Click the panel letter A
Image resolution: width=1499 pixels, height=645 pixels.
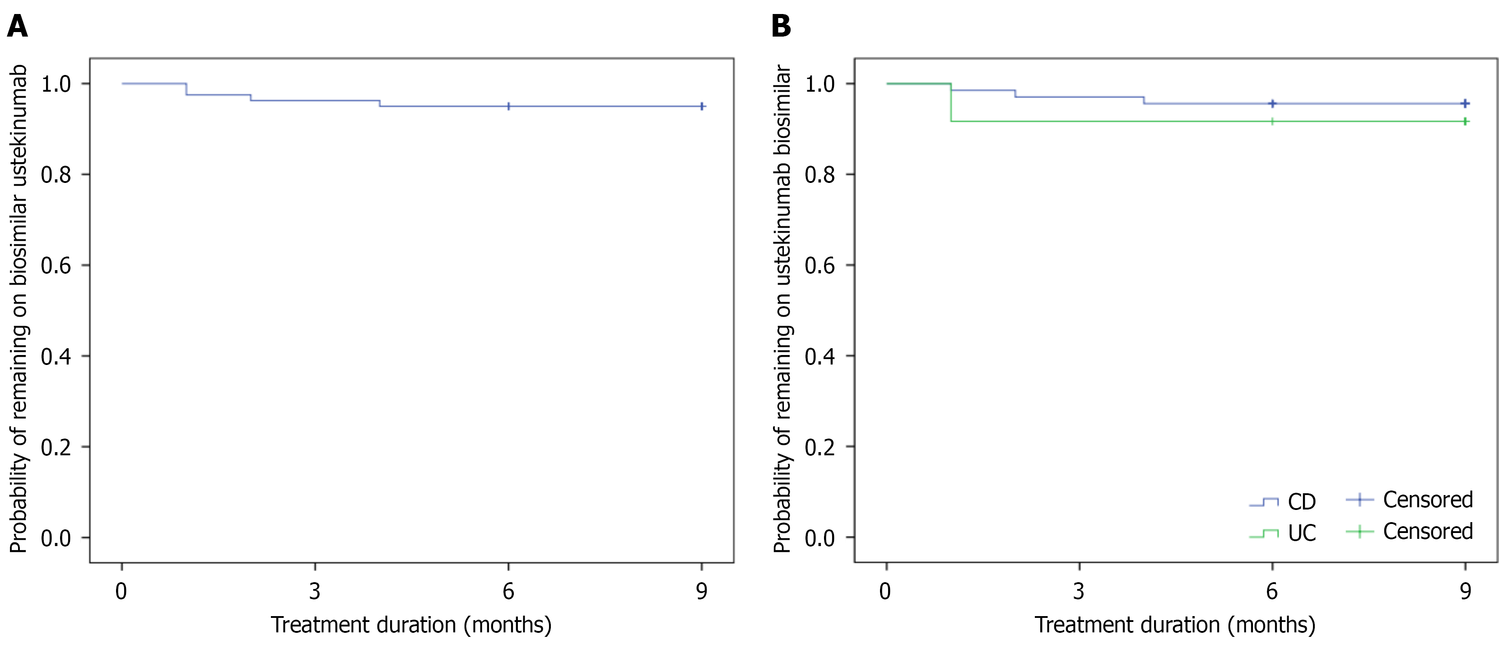coord(18,26)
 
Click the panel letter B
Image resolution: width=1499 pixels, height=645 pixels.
coord(781,26)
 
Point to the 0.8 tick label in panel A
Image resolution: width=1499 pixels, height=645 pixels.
coord(56,175)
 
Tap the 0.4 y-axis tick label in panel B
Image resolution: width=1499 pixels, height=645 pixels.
coord(819,356)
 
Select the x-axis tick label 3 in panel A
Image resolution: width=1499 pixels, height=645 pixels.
coord(315,591)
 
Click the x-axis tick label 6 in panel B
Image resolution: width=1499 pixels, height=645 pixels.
coord(1272,591)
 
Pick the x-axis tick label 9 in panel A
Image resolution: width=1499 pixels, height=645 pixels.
coord(702,591)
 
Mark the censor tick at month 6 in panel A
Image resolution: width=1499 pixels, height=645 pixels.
coord(508,107)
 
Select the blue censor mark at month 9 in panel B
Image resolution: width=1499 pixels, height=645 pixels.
coord(1465,103)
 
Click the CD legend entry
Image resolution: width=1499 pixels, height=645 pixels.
coord(1301,502)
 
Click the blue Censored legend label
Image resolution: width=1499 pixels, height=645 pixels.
coord(1427,500)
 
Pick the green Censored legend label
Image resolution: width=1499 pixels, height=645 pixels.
coord(1427,531)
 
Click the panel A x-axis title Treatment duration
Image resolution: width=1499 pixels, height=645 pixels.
coord(411,625)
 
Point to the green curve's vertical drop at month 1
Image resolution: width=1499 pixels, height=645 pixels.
coord(951,103)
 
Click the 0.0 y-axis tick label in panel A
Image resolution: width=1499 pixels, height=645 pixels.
coord(56,538)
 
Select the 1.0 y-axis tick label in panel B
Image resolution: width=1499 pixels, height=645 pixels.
coord(819,84)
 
